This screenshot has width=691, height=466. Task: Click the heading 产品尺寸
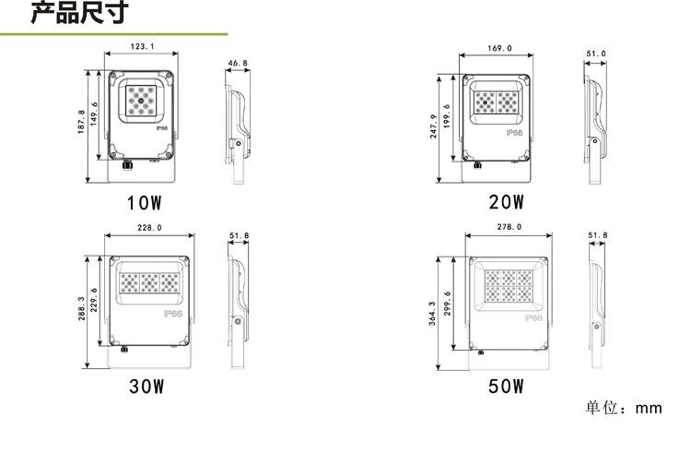80,12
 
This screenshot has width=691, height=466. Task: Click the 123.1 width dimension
142,46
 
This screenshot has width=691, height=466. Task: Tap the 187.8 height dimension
81,122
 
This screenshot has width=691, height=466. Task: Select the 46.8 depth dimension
238,64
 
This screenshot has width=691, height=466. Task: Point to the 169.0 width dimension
499,48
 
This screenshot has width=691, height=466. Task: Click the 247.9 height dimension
434,126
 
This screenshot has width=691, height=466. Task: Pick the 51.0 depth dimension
596,54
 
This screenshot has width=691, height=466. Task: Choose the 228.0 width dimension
150,228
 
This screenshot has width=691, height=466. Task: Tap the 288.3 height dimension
81,308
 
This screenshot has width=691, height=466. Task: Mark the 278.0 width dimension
509,227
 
